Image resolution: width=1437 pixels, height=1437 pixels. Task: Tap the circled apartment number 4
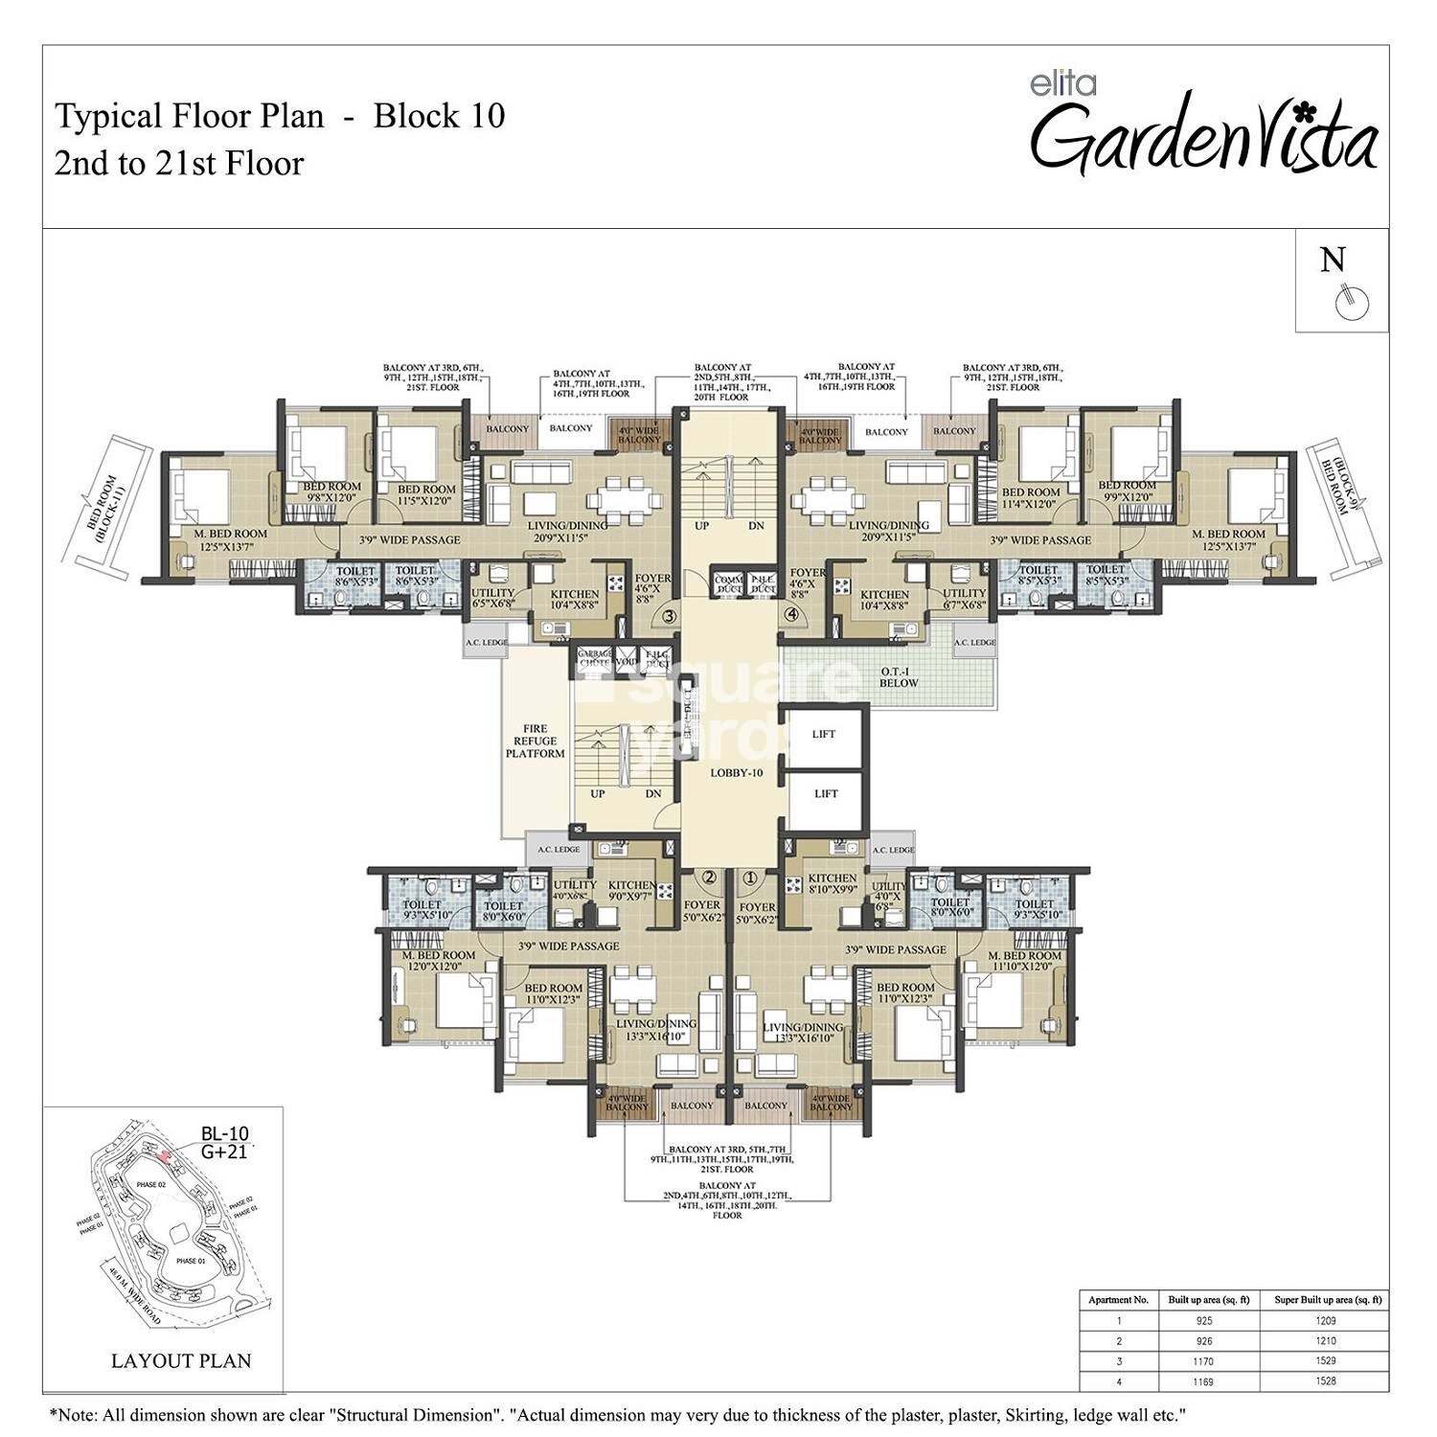791,614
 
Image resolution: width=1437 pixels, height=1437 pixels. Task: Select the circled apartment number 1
749,876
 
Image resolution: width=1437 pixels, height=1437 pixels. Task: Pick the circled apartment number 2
710,876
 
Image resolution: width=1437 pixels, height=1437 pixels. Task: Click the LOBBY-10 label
736,772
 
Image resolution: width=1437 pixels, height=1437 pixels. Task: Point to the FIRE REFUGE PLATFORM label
536,741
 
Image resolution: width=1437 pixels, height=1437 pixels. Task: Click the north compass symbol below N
1352,302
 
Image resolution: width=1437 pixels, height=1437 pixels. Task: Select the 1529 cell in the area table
1326,1360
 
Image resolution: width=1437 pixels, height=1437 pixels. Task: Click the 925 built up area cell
1204,1320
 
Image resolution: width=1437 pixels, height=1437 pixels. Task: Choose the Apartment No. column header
1118,1300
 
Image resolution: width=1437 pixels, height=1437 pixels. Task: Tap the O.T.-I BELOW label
899,676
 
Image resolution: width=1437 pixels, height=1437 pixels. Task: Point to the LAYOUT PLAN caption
181,1360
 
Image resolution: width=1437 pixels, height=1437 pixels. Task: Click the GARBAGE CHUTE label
594,659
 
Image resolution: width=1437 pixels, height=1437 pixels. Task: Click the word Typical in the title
108,116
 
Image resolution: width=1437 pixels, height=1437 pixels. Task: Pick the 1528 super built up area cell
1326,1380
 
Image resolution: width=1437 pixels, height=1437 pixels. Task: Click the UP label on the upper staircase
702,526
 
